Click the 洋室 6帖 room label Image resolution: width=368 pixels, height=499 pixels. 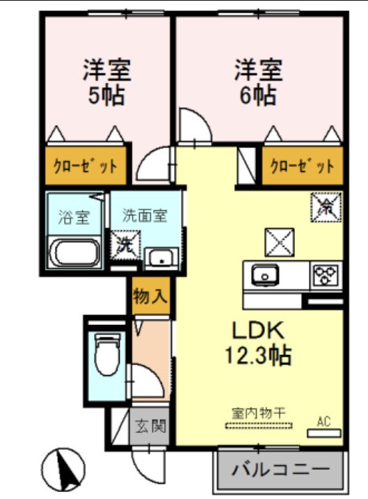(x=257, y=82)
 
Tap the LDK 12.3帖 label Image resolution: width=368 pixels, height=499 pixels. (x=257, y=343)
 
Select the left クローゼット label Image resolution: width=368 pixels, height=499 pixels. (x=86, y=167)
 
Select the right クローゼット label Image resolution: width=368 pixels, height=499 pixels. (x=302, y=167)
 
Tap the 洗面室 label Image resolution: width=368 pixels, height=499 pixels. (x=145, y=216)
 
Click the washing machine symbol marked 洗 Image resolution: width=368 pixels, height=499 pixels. (x=125, y=245)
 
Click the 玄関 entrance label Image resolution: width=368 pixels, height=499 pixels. (x=150, y=425)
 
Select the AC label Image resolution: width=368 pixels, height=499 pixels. (x=323, y=420)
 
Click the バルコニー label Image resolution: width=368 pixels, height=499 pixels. (x=280, y=468)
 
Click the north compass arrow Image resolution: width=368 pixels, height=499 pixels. (x=67, y=470)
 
